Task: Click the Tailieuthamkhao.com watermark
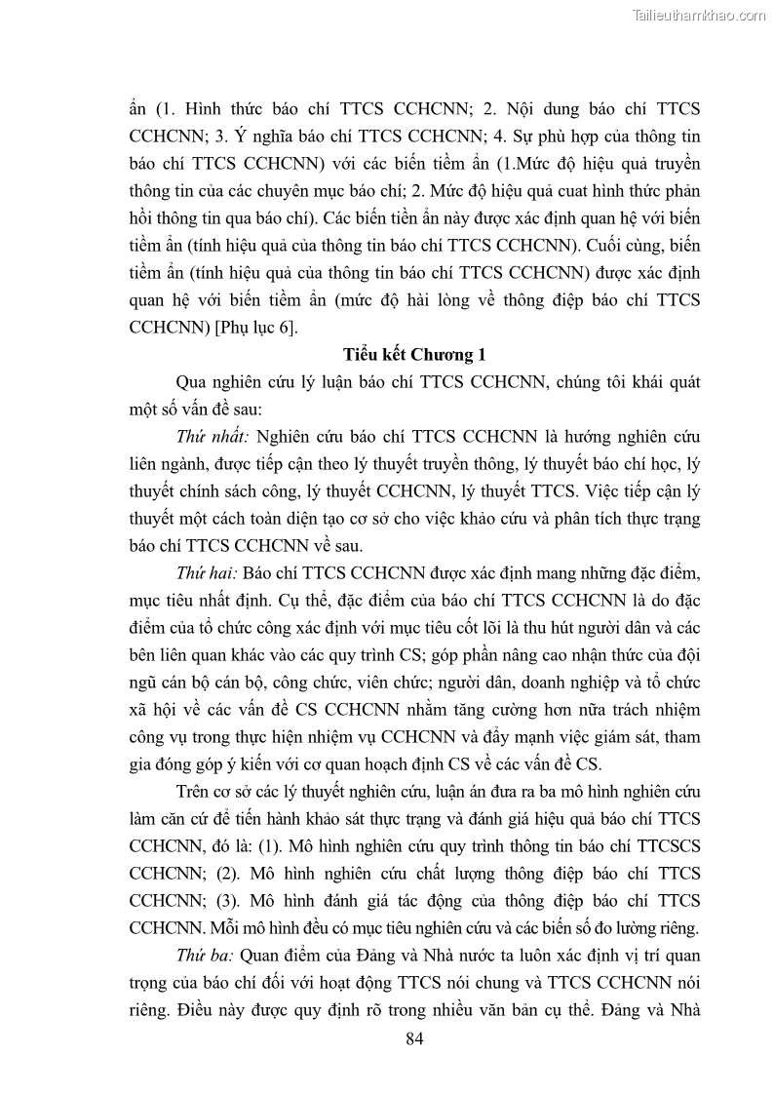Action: pos(699,15)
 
